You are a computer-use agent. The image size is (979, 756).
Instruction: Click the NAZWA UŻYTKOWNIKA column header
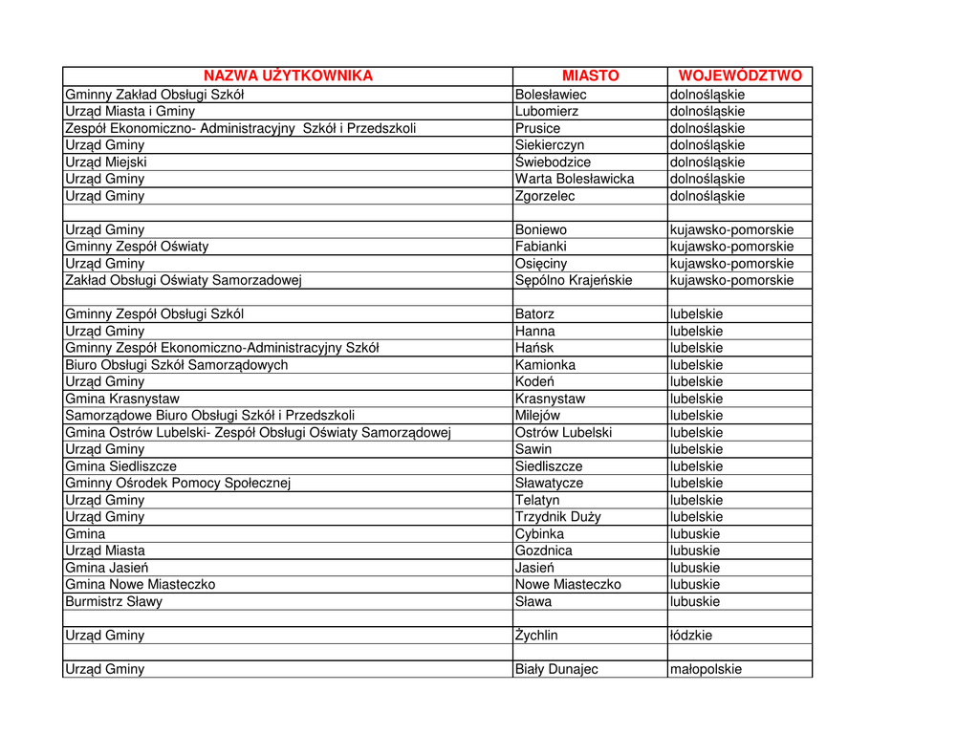click(x=288, y=76)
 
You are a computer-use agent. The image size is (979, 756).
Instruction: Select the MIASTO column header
click(x=590, y=76)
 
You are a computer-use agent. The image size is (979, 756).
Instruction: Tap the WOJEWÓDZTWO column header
click(x=740, y=76)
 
